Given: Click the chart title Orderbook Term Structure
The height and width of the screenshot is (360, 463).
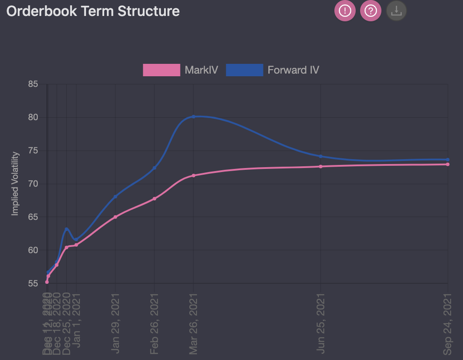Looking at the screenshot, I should pos(93,11).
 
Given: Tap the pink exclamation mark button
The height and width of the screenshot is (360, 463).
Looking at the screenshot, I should pos(345,11).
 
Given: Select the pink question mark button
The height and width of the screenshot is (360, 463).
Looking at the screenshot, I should pos(371,11).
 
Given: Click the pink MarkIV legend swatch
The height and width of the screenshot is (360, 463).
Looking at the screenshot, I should pos(161,70).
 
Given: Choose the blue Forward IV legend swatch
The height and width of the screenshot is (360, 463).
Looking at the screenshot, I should pos(244,70).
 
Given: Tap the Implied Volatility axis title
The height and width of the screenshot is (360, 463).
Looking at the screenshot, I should pos(15,184).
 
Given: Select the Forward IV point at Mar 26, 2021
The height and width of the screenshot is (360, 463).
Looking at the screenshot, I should pos(193,117).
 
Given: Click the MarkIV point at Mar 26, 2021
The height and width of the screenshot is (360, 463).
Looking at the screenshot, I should pos(193,176).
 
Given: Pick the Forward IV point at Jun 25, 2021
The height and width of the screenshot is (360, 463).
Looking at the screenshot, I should pos(321,156).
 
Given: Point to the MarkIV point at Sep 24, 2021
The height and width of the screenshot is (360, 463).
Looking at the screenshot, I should pos(448,164).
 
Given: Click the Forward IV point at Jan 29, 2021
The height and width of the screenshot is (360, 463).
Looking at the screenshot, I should pos(115,196).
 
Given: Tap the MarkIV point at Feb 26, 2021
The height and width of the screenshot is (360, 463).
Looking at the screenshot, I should pos(154,199).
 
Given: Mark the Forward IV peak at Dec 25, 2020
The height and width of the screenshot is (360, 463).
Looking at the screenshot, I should pos(67,229).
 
